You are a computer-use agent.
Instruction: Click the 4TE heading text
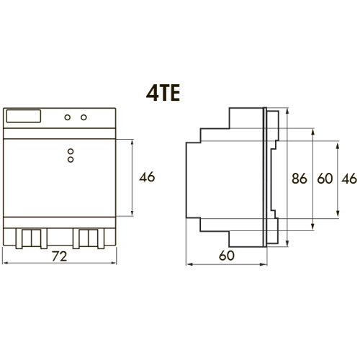[x=163, y=94]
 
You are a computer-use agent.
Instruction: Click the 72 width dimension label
[x=59, y=256]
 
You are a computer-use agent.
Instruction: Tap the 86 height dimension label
[x=300, y=179]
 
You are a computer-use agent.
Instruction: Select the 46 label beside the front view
[x=147, y=177]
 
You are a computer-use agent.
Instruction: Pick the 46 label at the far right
[x=349, y=179]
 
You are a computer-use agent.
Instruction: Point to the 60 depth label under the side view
[x=227, y=256]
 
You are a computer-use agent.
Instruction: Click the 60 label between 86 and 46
[x=325, y=179]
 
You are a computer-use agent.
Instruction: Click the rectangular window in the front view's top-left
[x=23, y=116]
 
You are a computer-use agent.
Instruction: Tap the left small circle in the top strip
[x=68, y=117]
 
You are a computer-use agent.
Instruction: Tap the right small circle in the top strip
[x=84, y=117]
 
